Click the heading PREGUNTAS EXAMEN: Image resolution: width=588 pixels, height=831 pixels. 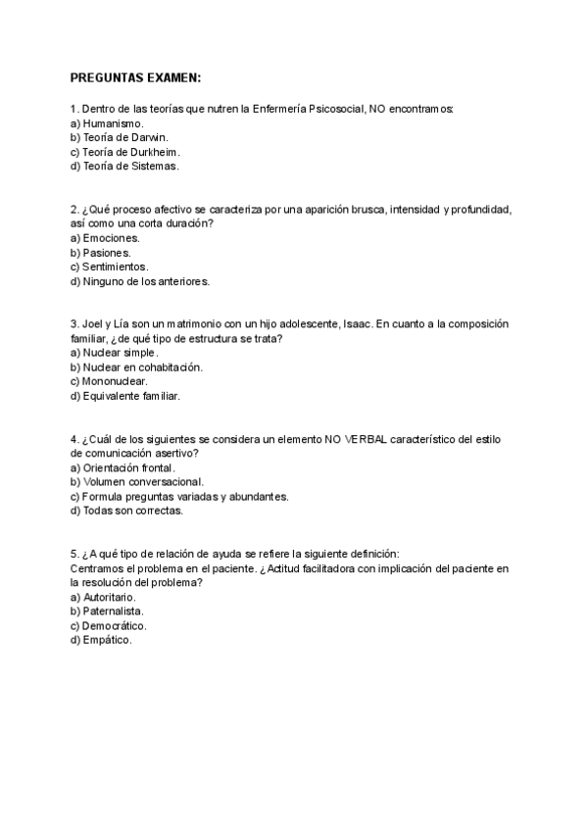click(x=135, y=77)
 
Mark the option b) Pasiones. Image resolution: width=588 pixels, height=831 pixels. click(x=102, y=253)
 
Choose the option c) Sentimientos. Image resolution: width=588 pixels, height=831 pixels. click(x=110, y=267)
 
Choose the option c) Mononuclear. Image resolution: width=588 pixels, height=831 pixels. click(x=110, y=381)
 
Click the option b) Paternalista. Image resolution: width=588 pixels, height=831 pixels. click(x=110, y=611)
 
